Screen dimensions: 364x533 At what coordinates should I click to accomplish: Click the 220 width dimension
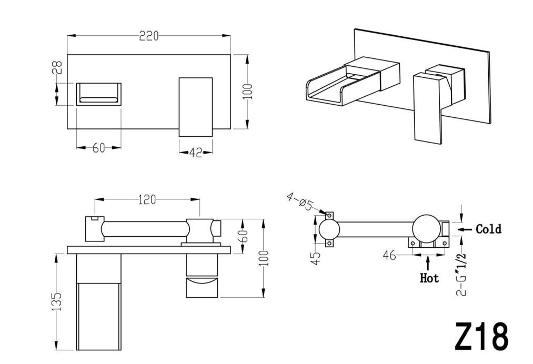point(149,36)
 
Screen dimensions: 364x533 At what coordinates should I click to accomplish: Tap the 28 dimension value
point(57,67)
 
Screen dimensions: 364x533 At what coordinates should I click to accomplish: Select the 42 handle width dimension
point(196,153)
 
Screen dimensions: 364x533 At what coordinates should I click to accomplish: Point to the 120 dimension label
point(147,199)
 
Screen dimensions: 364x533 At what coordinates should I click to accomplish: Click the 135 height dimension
point(57,301)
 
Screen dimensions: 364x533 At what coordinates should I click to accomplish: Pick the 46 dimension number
point(389,256)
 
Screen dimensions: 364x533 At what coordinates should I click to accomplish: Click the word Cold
point(488,229)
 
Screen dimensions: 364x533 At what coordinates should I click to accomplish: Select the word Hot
point(429,278)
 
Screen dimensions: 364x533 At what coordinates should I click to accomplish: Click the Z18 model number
point(481,337)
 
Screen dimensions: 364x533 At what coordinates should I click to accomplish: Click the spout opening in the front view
point(98,94)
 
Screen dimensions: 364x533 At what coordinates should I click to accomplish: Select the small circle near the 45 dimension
point(329,229)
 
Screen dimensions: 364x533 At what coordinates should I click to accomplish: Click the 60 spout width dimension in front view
point(98,148)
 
